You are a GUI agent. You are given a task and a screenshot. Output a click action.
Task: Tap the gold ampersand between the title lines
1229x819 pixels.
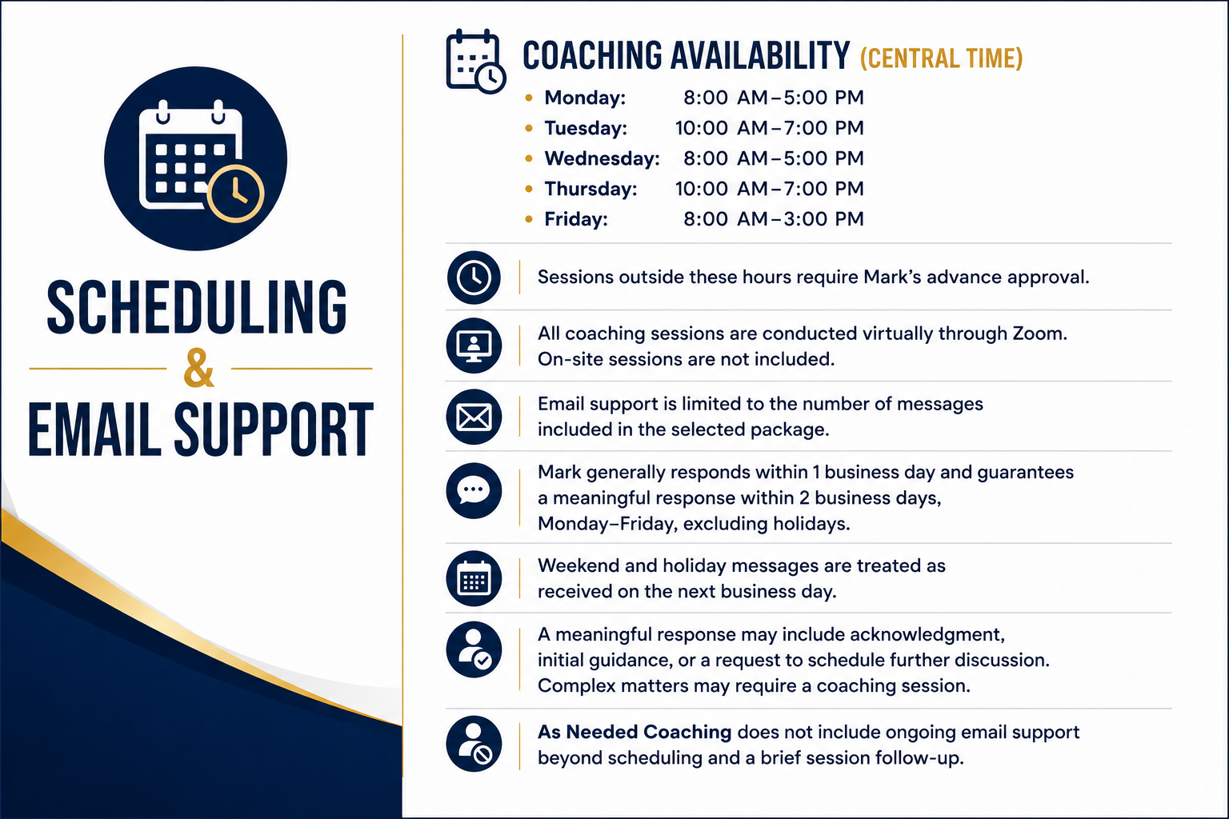coord(198,368)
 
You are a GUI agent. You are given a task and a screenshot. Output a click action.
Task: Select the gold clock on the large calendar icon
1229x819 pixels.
coord(236,194)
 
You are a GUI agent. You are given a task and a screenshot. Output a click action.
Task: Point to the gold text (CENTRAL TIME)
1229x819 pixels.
coord(942,58)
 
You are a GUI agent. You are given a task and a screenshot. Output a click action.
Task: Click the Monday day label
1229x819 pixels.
coord(585,98)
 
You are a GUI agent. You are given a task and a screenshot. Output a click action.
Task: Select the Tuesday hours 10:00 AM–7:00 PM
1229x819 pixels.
coord(769,128)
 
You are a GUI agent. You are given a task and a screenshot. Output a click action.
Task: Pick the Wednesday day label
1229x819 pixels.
coord(602,158)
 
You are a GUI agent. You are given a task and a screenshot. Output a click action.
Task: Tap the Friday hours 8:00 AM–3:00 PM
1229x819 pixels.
coord(774,219)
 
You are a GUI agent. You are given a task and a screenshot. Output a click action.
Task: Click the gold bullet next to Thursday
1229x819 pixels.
coord(529,189)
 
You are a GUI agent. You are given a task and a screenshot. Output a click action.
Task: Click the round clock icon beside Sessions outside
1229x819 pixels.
coord(474,278)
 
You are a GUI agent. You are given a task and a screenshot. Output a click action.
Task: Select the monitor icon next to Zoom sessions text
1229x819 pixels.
coord(474,346)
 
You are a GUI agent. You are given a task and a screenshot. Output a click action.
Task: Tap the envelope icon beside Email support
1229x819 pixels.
coord(474,417)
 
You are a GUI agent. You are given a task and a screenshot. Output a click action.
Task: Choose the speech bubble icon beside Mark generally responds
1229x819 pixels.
coord(474,491)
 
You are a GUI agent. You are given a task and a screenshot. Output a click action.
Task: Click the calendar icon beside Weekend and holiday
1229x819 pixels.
coord(474,578)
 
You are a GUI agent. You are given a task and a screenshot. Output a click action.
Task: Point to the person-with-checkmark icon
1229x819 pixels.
coord(474,649)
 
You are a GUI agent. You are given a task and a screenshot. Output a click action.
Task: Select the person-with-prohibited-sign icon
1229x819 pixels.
coord(474,744)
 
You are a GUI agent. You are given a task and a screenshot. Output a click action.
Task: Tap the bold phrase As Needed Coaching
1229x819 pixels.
coord(635,733)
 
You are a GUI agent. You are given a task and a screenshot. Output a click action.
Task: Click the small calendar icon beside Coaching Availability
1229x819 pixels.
coord(475,62)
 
